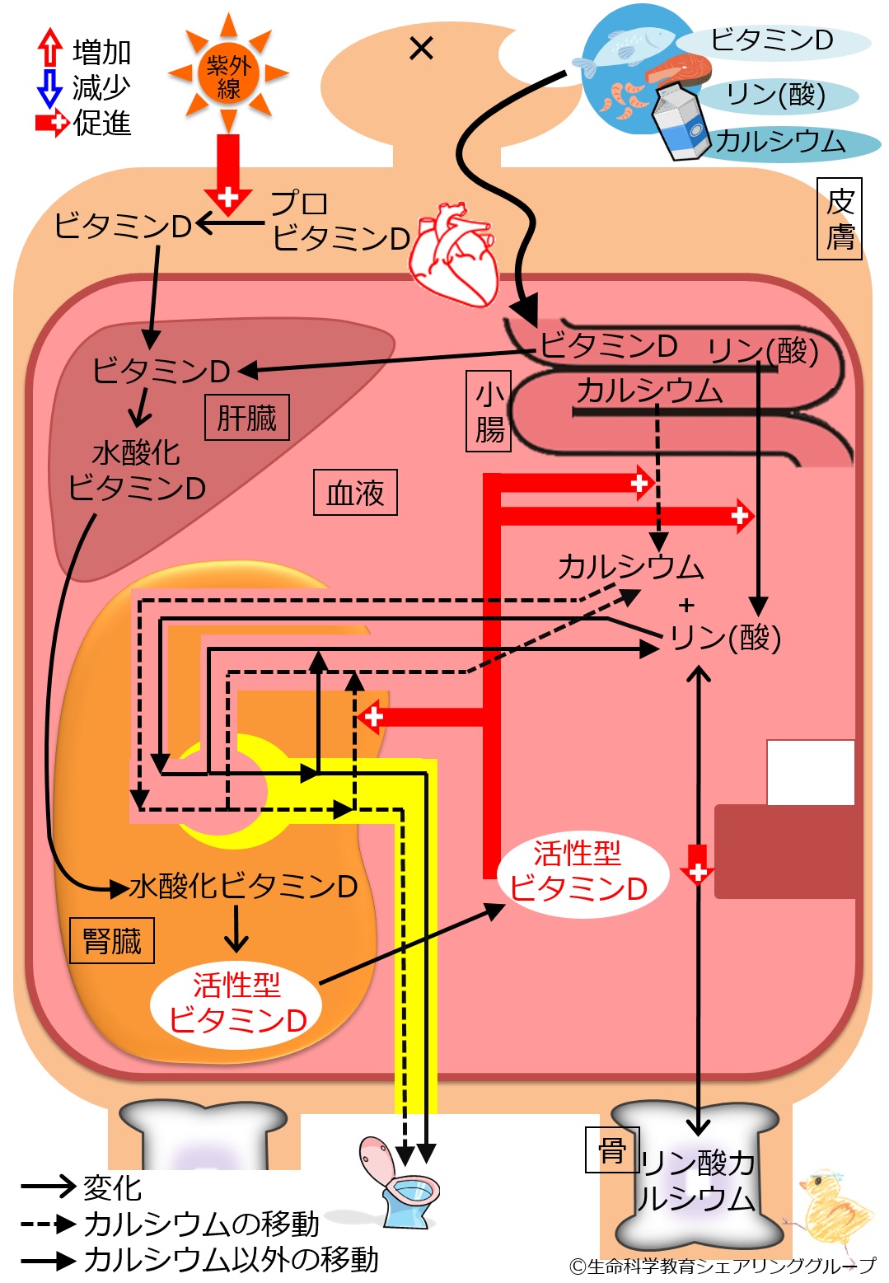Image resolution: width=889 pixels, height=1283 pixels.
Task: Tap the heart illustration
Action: pyautogui.click(x=456, y=254)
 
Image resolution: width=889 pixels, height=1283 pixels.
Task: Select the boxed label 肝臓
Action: pyautogui.click(x=246, y=417)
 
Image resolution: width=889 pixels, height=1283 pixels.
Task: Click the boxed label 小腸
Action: pyautogui.click(x=489, y=410)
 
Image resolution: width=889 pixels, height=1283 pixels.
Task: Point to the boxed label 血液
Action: pyautogui.click(x=355, y=493)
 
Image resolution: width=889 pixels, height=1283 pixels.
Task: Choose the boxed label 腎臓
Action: pyautogui.click(x=112, y=940)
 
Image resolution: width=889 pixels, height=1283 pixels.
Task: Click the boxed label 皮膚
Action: pyautogui.click(x=840, y=218)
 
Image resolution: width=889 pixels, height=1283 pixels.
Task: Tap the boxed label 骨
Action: pyautogui.click(x=611, y=1150)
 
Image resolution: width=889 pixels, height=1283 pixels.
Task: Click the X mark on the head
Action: pyautogui.click(x=421, y=49)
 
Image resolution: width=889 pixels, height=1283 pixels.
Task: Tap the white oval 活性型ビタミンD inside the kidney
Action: pyautogui.click(x=237, y=1003)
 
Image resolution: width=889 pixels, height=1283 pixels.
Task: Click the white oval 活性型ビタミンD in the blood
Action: pyautogui.click(x=579, y=872)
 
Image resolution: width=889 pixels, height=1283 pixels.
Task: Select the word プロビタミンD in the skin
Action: pyautogui.click(x=339, y=221)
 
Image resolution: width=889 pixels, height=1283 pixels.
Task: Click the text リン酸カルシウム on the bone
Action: pyautogui.click(x=697, y=1180)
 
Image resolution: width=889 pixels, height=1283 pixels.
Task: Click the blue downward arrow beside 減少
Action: pyautogui.click(x=50, y=87)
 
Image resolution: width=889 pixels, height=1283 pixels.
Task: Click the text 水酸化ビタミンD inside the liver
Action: pyautogui.click(x=136, y=471)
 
